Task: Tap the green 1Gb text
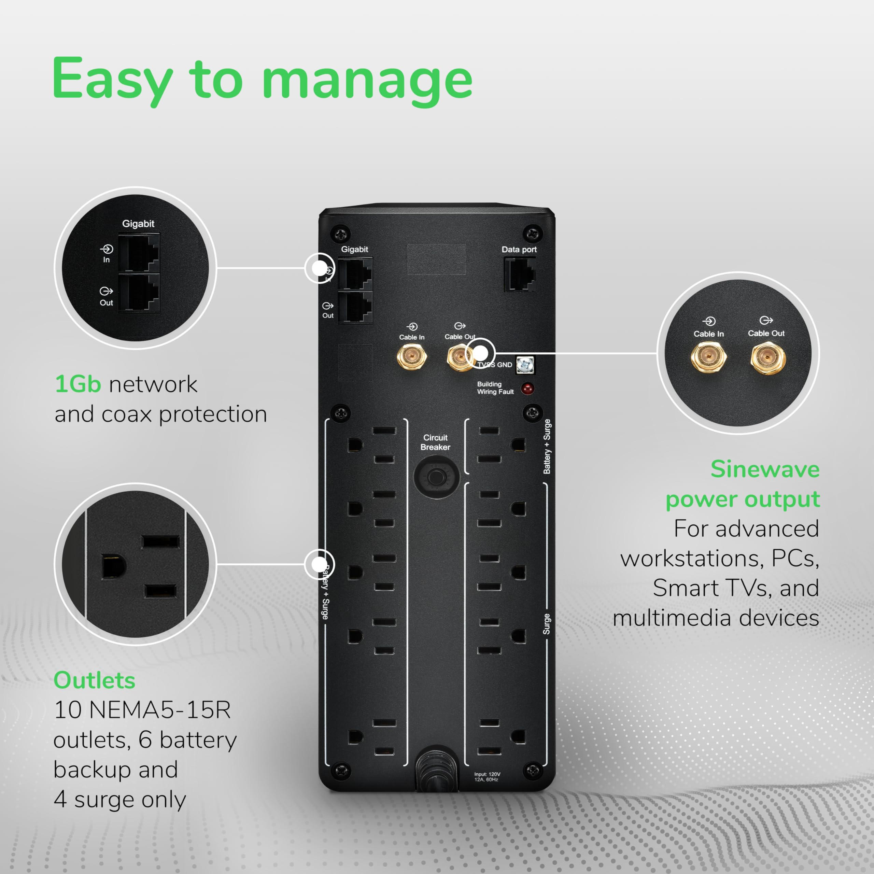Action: click(77, 384)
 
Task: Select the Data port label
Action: click(519, 249)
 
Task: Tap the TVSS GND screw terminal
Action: click(525, 364)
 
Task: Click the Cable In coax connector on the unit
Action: click(412, 357)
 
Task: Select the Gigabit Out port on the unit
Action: click(355, 307)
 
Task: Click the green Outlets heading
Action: click(94, 680)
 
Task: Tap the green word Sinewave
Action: click(764, 469)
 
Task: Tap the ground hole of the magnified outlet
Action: click(112, 566)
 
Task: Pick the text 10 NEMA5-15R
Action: click(142, 710)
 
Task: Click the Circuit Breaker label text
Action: click(435, 442)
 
